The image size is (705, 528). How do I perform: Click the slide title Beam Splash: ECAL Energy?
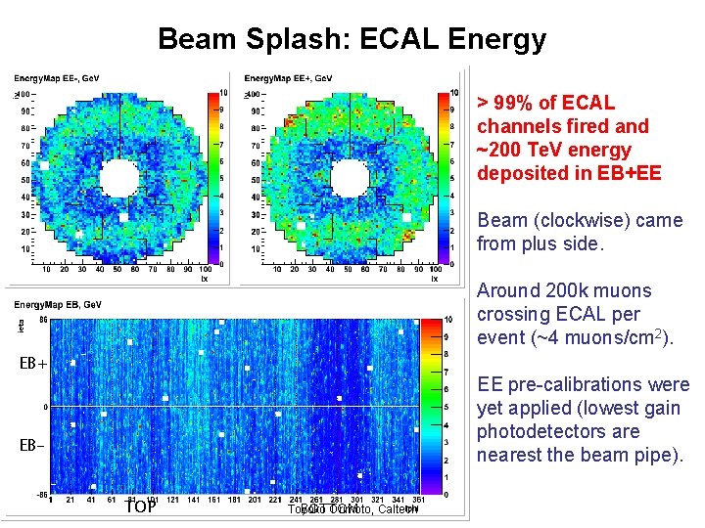click(x=352, y=39)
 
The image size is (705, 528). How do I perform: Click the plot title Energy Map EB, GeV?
click(x=56, y=306)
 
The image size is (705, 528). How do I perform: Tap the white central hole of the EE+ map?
click(x=349, y=178)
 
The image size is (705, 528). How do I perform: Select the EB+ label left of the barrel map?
click(x=33, y=364)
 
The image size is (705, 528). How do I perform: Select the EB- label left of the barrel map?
click(x=32, y=446)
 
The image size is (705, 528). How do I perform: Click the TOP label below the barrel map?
click(x=141, y=506)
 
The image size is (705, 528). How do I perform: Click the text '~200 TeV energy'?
click(x=554, y=150)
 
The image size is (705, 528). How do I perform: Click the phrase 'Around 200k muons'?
click(x=563, y=290)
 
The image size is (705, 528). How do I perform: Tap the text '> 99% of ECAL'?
click(x=545, y=103)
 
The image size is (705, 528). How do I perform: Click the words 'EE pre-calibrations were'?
click(x=583, y=384)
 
